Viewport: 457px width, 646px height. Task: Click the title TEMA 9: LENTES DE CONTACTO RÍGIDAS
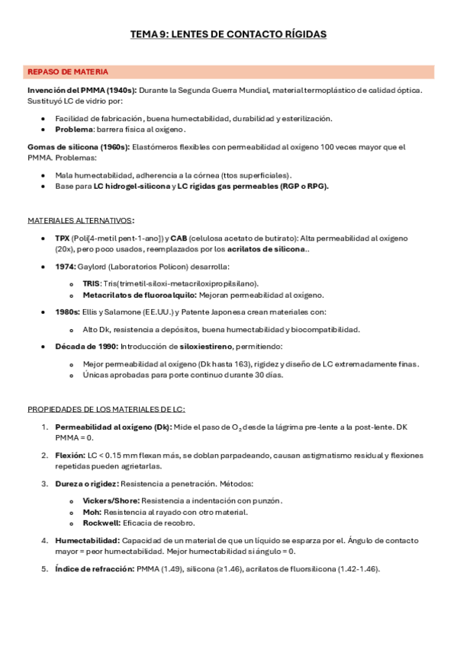(229, 34)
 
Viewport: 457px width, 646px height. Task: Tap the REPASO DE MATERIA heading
(68, 72)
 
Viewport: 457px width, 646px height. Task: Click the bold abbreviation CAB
(179, 238)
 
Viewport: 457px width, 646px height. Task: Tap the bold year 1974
(65, 267)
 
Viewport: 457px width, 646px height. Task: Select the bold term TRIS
(91, 283)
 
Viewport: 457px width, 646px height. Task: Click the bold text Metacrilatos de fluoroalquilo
(129, 294)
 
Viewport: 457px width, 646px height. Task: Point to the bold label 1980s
(66, 312)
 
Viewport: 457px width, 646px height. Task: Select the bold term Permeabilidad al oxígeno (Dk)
(113, 427)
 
